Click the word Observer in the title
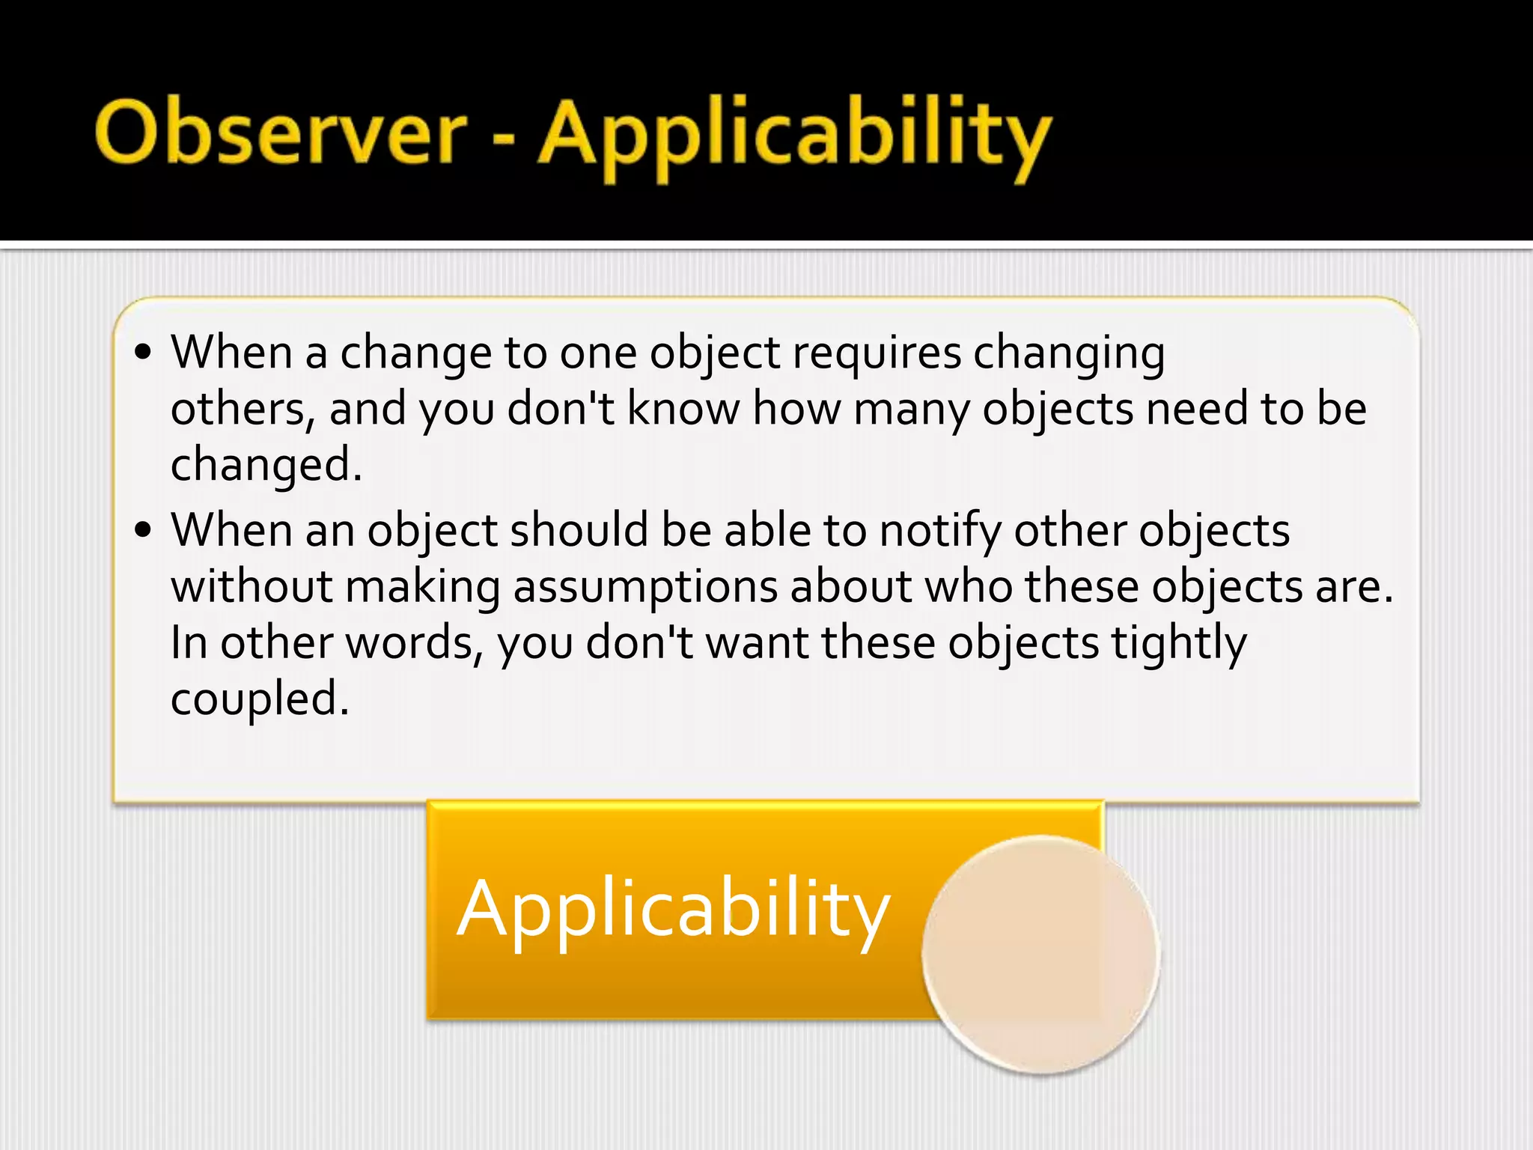click(x=281, y=133)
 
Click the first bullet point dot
click(x=144, y=352)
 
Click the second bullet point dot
click(x=144, y=530)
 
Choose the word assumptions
click(x=645, y=587)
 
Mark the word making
click(x=423, y=587)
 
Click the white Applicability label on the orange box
click(x=674, y=910)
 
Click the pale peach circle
click(x=1040, y=955)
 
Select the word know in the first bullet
click(x=683, y=410)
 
